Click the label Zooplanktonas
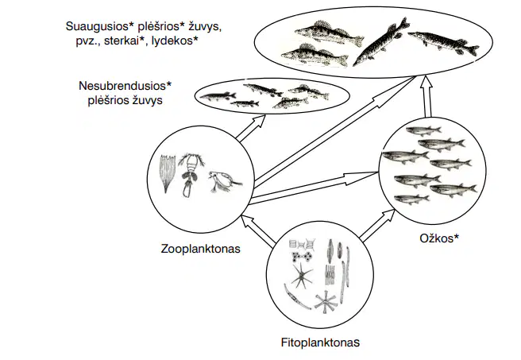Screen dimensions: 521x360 click(200, 249)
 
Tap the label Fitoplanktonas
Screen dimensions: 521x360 click(320, 343)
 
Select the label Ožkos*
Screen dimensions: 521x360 click(439, 238)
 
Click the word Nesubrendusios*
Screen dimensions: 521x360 click(125, 86)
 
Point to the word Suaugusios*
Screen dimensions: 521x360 click(100, 26)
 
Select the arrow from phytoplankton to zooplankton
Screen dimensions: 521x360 click(258, 231)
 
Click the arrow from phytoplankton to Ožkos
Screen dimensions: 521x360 click(378, 225)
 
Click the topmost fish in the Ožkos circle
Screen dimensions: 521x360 click(424, 130)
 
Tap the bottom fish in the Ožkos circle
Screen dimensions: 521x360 click(411, 199)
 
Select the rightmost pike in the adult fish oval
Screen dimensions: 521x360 click(444, 42)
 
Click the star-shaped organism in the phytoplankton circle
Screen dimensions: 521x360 click(302, 276)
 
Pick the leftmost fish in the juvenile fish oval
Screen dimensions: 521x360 click(218, 96)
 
